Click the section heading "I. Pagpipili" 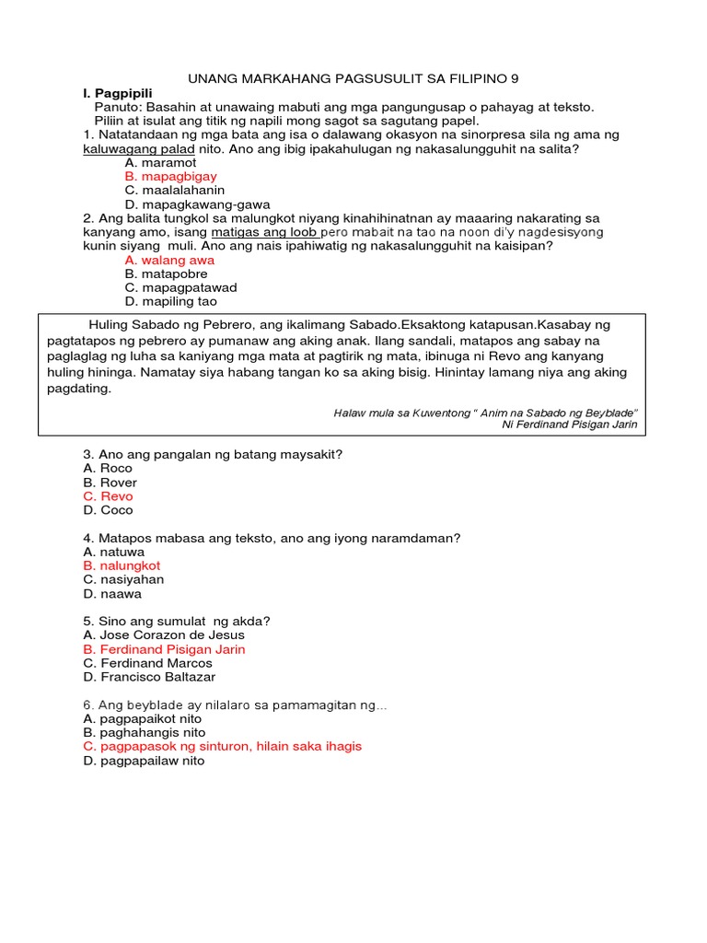pyautogui.click(x=117, y=93)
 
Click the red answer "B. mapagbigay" pyautogui.click(x=170, y=176)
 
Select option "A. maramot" pyautogui.click(x=163, y=162)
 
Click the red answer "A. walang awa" pyautogui.click(x=169, y=261)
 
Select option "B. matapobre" pyautogui.click(x=166, y=274)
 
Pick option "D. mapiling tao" pyautogui.click(x=170, y=302)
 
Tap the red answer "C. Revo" pyautogui.click(x=108, y=496)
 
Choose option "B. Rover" pyautogui.click(x=110, y=483)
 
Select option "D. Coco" pyautogui.click(x=108, y=510)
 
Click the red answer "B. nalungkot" pyautogui.click(x=122, y=565)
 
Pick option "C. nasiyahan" pyautogui.click(x=123, y=579)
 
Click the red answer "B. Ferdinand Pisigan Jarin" pyautogui.click(x=164, y=649)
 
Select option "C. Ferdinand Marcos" pyautogui.click(x=147, y=663)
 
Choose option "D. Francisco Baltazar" pyautogui.click(x=149, y=677)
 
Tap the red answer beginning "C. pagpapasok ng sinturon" pyautogui.click(x=222, y=747)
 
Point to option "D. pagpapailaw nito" pyautogui.click(x=144, y=762)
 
